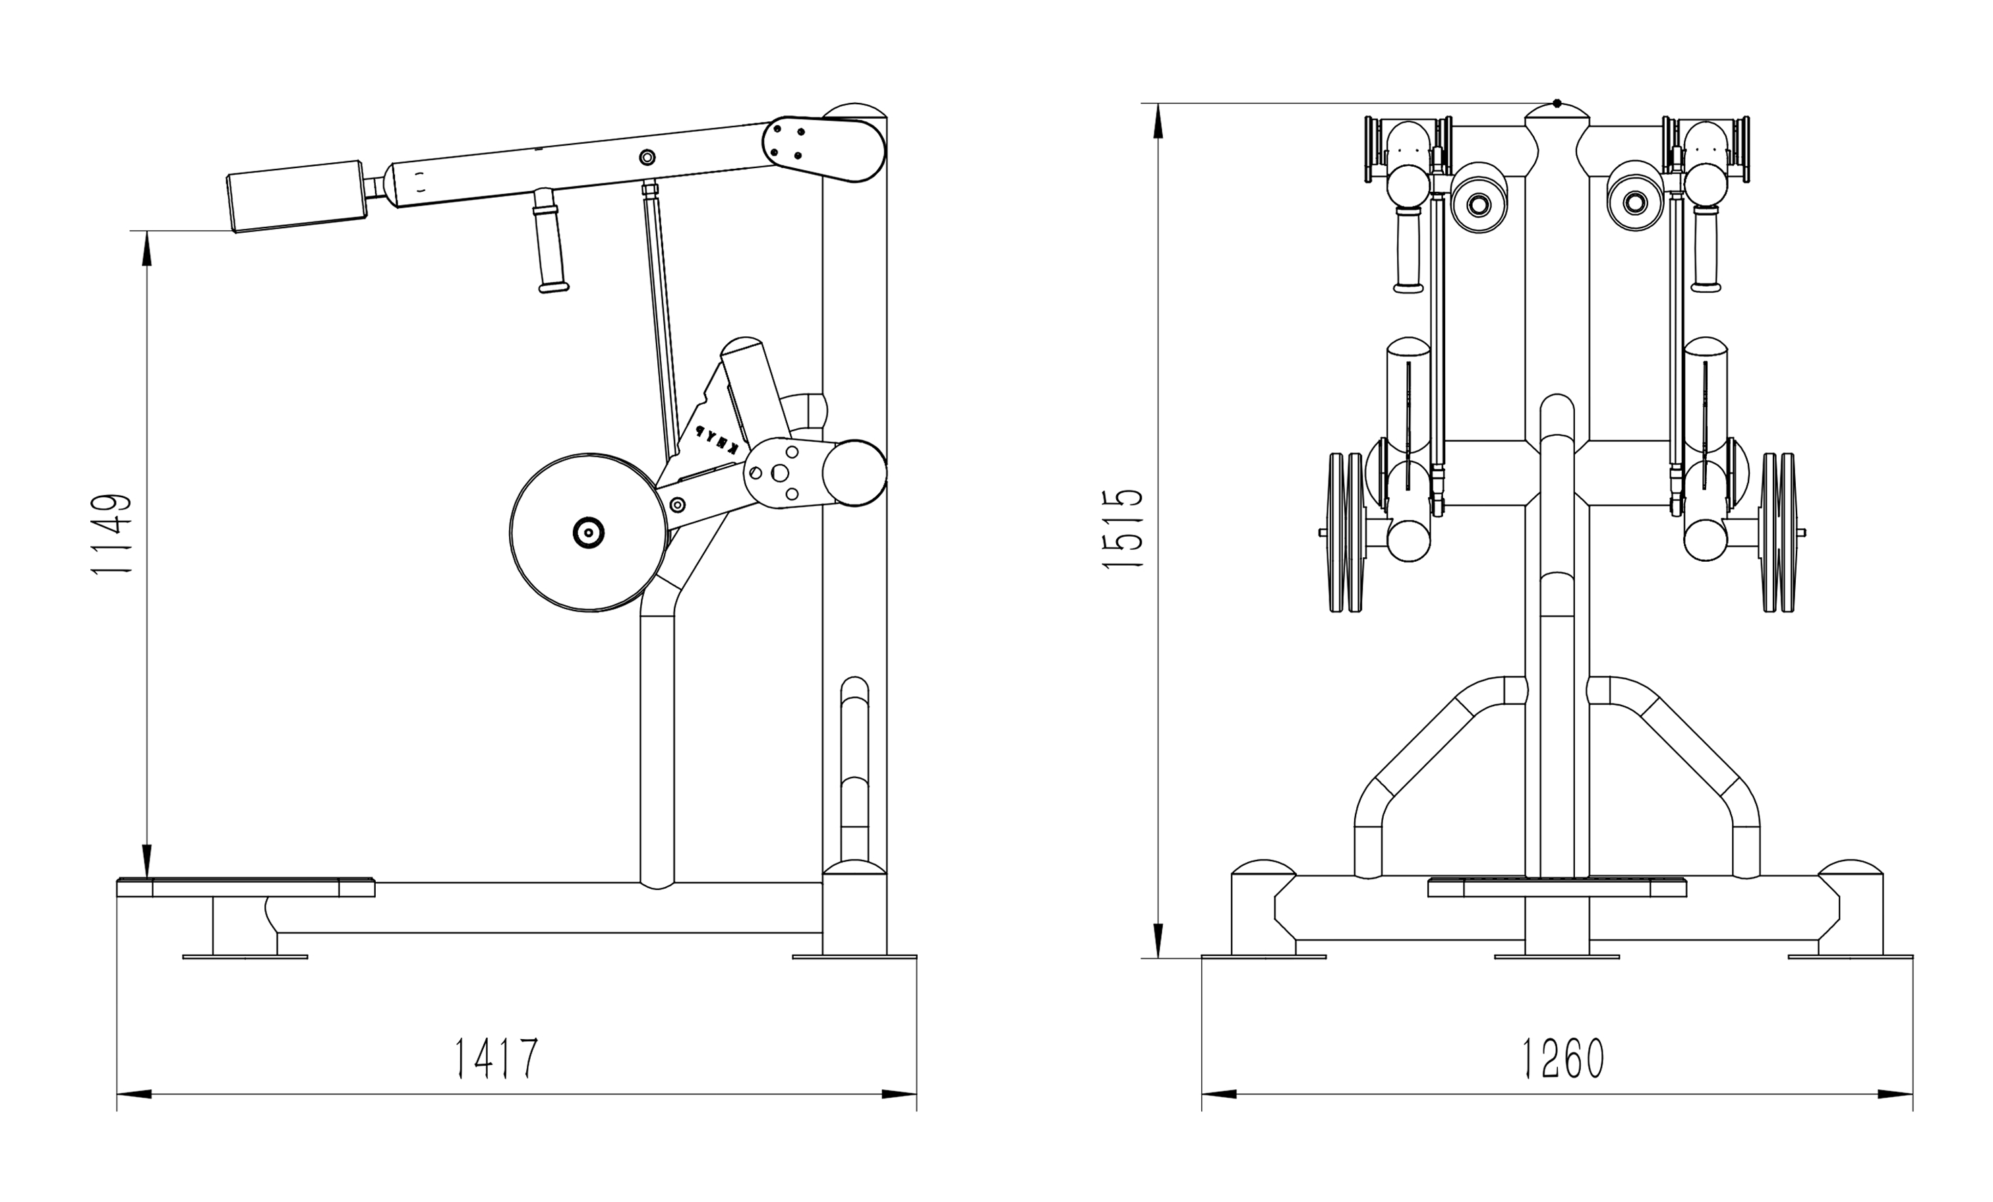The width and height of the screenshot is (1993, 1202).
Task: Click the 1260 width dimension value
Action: click(x=1562, y=1058)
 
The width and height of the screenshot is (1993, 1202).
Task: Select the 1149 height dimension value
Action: click(x=111, y=534)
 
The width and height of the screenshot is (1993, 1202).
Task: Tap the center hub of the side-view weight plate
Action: click(x=588, y=532)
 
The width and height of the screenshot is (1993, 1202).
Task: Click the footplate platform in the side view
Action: click(x=246, y=887)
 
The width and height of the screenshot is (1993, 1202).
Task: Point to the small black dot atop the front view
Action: click(x=1557, y=104)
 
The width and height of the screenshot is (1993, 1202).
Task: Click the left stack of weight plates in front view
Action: click(x=1347, y=531)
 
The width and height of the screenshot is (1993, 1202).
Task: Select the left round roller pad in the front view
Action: click(x=1479, y=204)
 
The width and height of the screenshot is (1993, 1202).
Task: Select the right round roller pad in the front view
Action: click(x=1634, y=202)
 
